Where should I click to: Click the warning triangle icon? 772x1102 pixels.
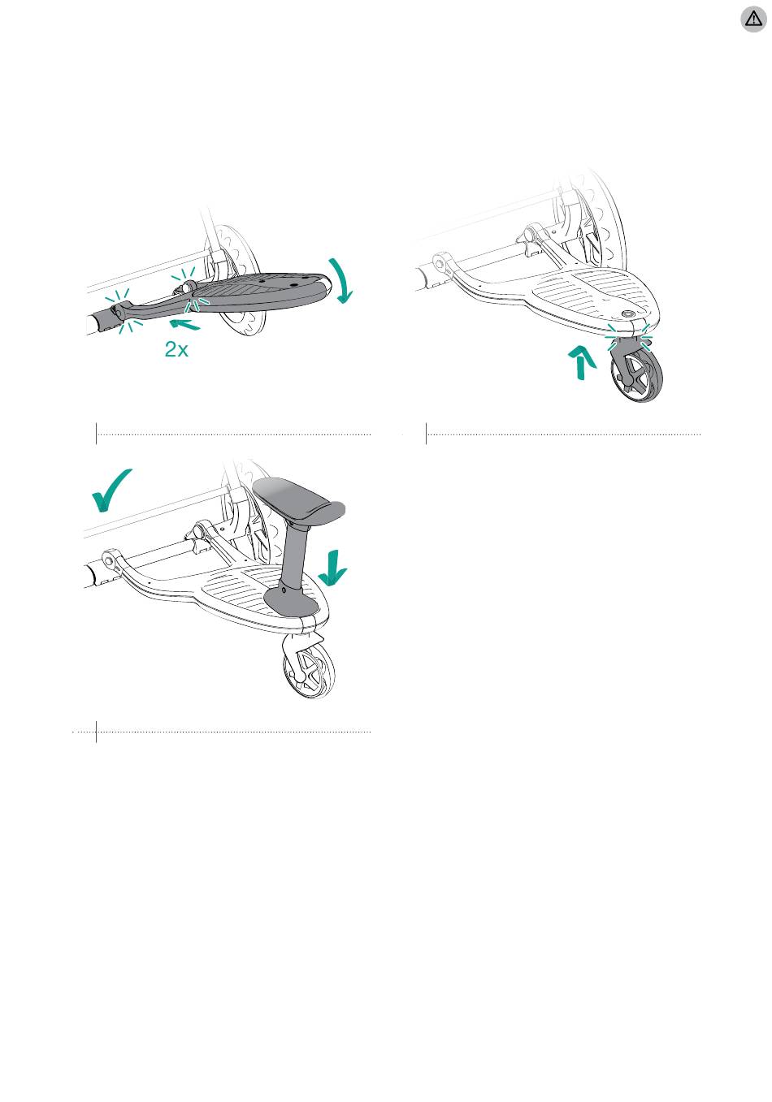click(x=753, y=19)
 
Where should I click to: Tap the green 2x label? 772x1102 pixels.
click(x=176, y=349)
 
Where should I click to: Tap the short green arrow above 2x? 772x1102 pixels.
click(x=184, y=324)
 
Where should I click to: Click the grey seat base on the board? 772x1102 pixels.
click(x=289, y=601)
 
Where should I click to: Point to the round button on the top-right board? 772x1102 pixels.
click(x=628, y=313)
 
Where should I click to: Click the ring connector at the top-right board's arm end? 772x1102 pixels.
click(x=440, y=261)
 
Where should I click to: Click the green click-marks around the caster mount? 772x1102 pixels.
click(x=629, y=337)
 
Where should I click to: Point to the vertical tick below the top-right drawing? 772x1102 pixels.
click(x=426, y=434)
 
